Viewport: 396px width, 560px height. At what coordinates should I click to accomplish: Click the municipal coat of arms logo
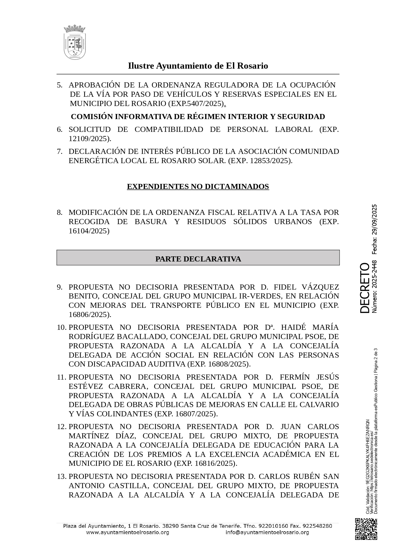coord(75,42)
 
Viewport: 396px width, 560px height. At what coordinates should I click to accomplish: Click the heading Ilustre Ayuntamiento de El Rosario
coord(198,66)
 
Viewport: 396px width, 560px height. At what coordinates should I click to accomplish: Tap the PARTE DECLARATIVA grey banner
coord(198,259)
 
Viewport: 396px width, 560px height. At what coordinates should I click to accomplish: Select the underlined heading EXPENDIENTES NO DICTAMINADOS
coord(198,186)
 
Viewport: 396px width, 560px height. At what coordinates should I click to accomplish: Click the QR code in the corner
coord(366,529)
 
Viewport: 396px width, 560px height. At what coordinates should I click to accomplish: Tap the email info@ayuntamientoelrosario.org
coord(267,532)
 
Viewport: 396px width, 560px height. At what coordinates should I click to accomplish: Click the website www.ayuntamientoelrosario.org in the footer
coord(127,532)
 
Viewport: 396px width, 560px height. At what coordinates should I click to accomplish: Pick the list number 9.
coord(60,287)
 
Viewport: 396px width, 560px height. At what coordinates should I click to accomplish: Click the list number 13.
coord(61,476)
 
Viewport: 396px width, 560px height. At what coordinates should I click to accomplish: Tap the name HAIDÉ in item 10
coord(293,327)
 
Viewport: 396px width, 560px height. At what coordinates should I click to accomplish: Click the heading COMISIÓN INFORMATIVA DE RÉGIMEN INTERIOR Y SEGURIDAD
coord(198,117)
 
